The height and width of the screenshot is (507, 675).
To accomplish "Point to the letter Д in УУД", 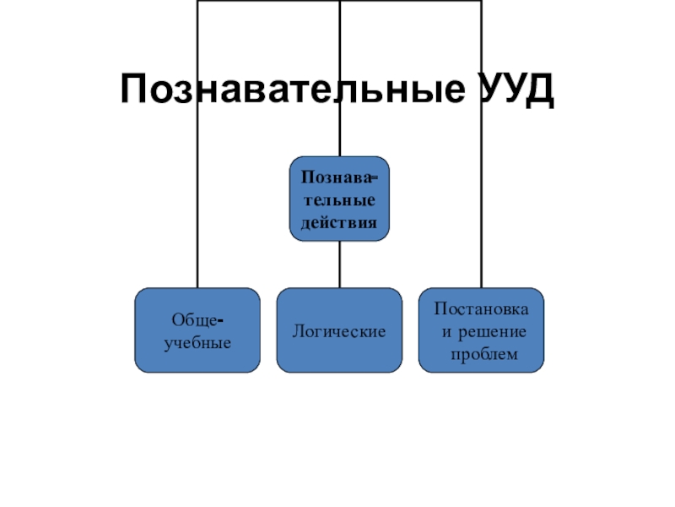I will pos(538,89).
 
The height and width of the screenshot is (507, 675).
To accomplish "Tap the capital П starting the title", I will pos(135,89).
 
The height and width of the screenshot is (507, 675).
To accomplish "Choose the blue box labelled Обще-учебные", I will pos(197,330).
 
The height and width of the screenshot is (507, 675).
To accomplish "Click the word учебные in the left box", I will pos(197,342).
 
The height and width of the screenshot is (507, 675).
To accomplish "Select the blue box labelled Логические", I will pos(339,330).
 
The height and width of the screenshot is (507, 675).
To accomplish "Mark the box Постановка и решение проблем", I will pos(481,330).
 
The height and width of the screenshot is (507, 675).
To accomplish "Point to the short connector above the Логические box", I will pos(339,264).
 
